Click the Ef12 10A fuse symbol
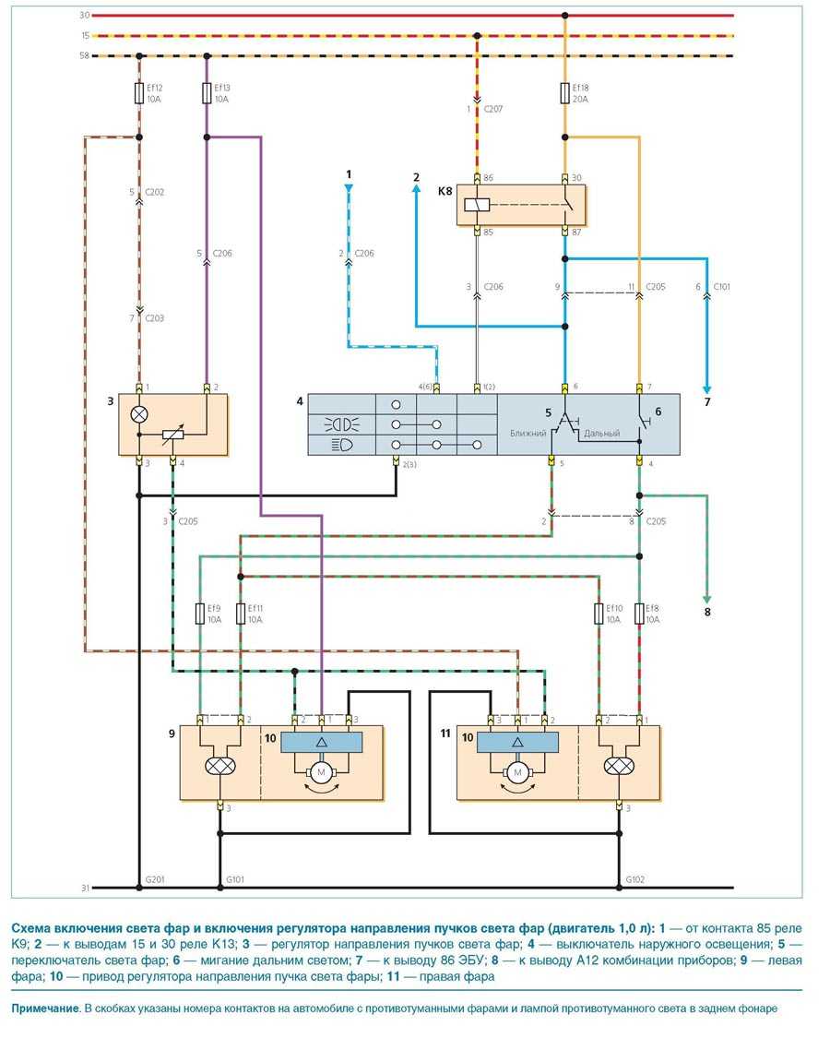tap(138, 93)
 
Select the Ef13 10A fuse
tap(207, 93)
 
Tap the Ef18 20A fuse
tap(565, 93)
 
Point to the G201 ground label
tap(154, 879)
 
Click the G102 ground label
tap(635, 879)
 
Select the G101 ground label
tap(234, 879)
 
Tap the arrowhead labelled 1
tap(350, 188)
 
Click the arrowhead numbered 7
tap(706, 389)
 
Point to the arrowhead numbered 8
tap(707, 598)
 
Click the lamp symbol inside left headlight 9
tap(220, 765)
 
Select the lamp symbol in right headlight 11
tap(617, 765)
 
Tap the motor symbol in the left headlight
tap(322, 771)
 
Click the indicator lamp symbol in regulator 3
tap(139, 415)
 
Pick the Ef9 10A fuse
tap(201, 614)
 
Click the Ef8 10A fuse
tap(638, 614)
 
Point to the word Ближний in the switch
tap(529, 433)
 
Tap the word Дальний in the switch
tap(602, 433)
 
